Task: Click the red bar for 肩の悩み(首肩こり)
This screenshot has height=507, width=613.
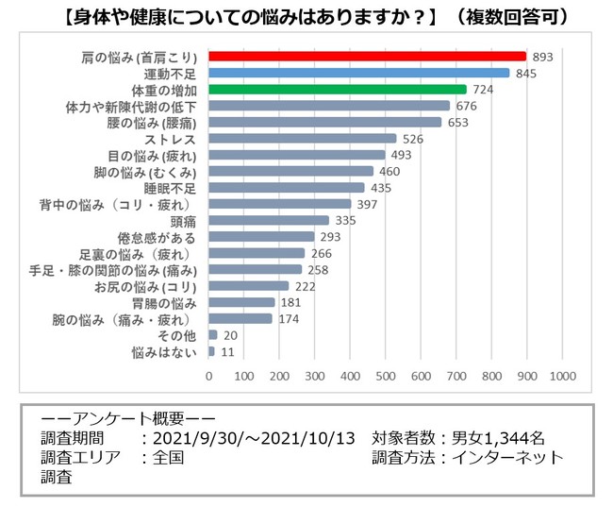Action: pos(367,56)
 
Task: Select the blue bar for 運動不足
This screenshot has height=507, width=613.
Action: pos(358,73)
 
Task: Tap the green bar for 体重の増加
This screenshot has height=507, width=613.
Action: pos(337,89)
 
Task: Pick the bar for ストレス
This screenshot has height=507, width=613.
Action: pos(302,138)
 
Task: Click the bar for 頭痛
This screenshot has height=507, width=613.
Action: pos(268,220)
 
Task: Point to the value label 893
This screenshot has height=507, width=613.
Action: pos(542,57)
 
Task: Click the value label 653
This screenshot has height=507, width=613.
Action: pos(457,122)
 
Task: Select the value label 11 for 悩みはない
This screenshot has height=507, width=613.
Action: pos(226,351)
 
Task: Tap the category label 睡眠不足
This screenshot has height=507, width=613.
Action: pos(171,187)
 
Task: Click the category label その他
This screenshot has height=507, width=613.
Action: pos(178,335)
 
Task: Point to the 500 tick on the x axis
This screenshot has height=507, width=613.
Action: pos(386,376)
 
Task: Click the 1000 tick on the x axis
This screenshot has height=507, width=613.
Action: pos(562,376)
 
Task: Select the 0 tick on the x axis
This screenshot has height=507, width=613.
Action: pos(209,376)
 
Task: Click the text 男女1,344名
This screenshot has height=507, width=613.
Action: pos(497,438)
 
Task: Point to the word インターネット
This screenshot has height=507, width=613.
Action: pos(519,458)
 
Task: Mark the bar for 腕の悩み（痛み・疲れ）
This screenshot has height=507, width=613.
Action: pos(240,318)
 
